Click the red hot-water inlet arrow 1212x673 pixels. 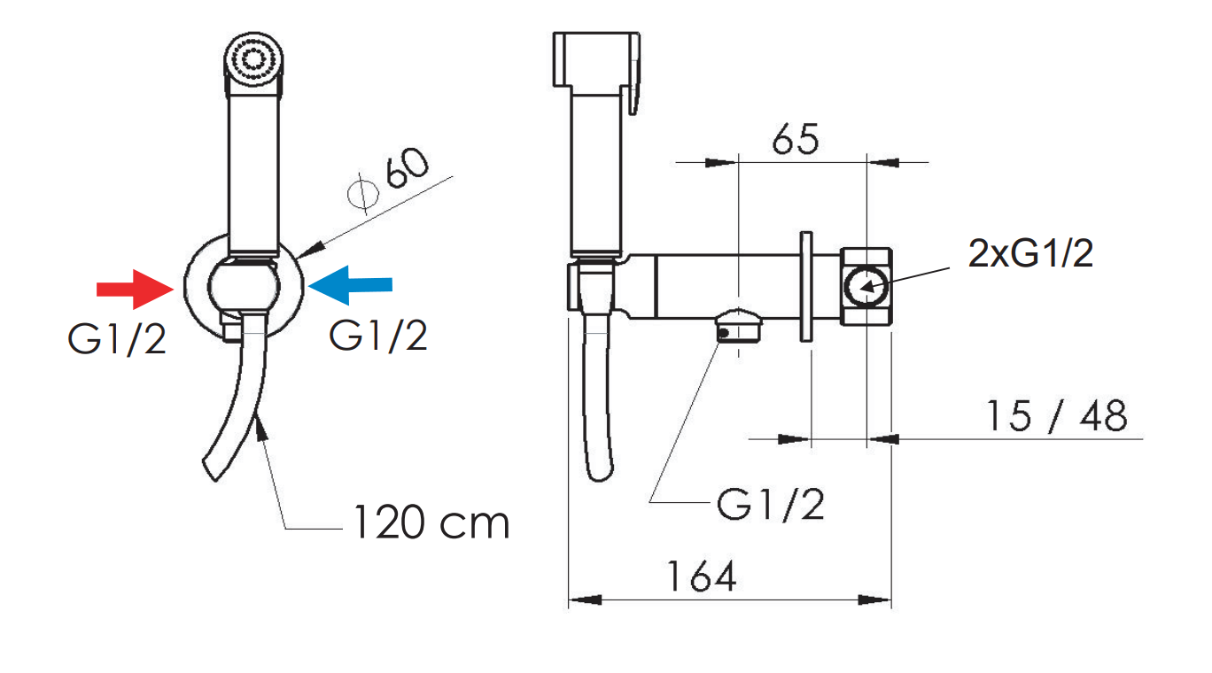(x=136, y=290)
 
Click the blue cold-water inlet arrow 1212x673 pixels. (x=350, y=285)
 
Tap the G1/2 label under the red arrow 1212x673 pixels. (x=117, y=340)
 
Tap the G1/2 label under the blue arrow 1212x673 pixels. (x=378, y=336)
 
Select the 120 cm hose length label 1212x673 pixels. (x=431, y=522)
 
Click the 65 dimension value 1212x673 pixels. (x=796, y=139)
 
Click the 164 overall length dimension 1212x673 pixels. (x=702, y=576)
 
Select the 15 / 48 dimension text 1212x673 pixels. (x=1057, y=416)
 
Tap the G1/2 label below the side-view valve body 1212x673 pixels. (x=771, y=504)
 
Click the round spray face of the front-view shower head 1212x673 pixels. (x=253, y=58)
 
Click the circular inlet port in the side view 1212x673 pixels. (x=866, y=287)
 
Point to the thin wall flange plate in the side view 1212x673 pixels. (x=806, y=287)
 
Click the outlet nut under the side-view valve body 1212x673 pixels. (x=739, y=327)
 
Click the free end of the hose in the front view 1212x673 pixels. (x=211, y=468)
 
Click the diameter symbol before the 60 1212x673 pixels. (x=362, y=193)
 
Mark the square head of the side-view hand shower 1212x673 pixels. (x=595, y=59)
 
